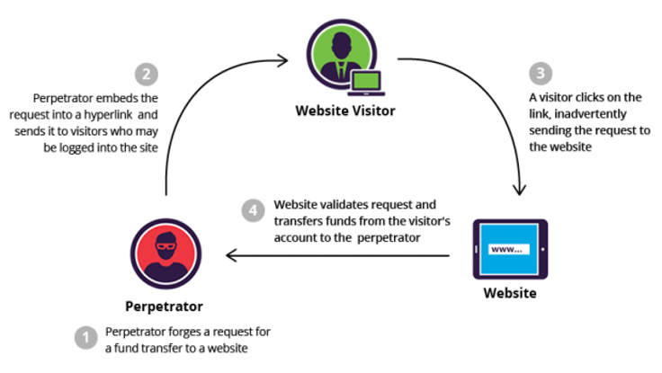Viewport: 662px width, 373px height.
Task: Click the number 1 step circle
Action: pos(85,338)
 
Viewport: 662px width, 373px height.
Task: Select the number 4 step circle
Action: pos(255,211)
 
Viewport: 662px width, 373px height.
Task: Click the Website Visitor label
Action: pos(344,112)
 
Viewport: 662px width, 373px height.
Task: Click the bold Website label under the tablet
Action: pos(510,293)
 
